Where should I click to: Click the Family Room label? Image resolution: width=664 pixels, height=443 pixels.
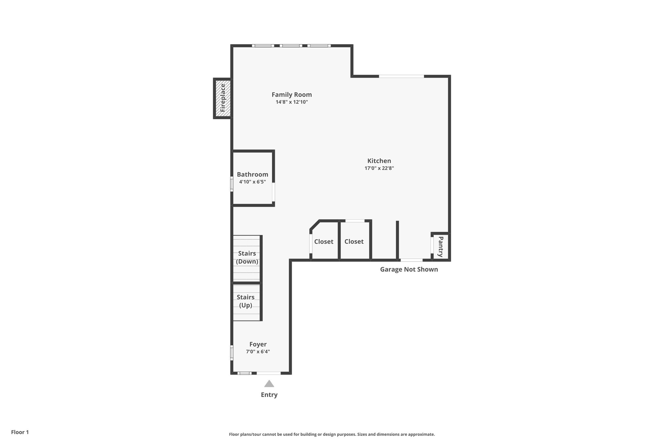(291, 95)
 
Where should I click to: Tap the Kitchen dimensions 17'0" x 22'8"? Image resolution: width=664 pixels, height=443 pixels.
(379, 168)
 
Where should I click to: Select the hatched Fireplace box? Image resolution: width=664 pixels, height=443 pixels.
(223, 98)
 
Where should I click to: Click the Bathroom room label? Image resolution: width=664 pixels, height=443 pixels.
(252, 174)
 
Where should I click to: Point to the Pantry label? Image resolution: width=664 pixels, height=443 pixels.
(441, 247)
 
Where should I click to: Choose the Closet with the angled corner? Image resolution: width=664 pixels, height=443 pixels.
(324, 241)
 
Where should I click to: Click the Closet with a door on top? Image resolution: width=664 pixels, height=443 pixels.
(354, 241)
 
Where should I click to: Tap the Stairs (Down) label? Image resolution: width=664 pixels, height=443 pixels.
(247, 257)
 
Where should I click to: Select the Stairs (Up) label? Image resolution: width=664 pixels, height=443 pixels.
(245, 301)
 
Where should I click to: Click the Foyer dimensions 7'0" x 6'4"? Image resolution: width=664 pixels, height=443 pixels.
(258, 351)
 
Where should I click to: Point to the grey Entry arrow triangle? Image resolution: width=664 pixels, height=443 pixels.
(269, 384)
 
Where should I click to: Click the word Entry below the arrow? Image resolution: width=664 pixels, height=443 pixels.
(269, 395)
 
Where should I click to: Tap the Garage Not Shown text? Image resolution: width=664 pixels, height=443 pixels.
(409, 269)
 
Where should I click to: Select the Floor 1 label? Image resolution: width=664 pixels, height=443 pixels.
(20, 432)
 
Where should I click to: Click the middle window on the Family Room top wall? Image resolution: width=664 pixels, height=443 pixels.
(291, 46)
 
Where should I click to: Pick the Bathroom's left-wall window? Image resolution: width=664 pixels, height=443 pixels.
(232, 184)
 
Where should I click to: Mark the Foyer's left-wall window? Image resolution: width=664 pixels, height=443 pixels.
(232, 353)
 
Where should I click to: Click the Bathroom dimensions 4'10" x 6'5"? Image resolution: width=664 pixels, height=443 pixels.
(252, 182)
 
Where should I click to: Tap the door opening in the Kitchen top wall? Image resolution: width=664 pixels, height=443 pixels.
(401, 77)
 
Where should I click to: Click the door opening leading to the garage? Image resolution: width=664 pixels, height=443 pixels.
(412, 260)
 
